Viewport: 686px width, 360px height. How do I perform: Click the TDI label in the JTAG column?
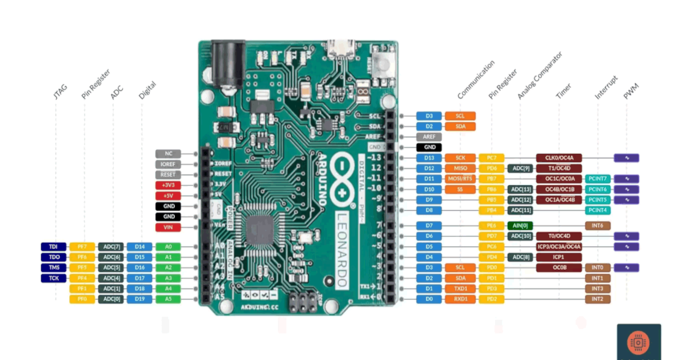53,246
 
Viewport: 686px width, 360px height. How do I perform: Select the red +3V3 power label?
168,185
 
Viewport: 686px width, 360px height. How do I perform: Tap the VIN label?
168,227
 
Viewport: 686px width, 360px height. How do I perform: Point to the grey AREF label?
429,137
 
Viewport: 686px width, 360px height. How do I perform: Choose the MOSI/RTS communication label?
460,179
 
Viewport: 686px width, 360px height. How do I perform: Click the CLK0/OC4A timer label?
559,158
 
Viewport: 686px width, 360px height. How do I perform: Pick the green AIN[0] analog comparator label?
520,225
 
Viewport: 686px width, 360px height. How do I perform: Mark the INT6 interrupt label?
597,225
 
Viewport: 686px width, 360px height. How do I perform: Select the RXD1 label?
460,299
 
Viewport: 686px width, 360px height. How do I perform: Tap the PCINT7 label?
597,179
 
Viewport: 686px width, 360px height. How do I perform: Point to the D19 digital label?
139,299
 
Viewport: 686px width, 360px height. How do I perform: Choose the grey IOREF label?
168,164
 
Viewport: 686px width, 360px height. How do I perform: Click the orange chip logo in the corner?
639,342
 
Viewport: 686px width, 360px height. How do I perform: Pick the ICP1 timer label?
559,257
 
